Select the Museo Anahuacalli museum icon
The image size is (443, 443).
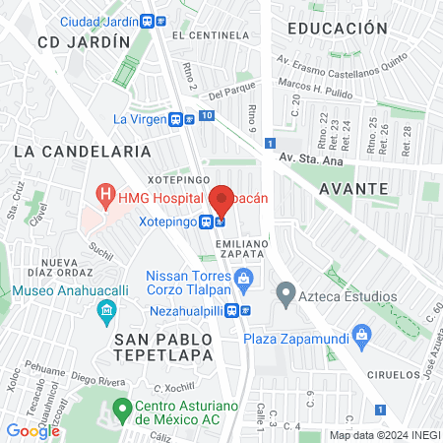click(x=106, y=314)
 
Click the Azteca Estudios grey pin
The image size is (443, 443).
click(x=286, y=292)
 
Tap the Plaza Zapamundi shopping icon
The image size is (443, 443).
click(x=363, y=337)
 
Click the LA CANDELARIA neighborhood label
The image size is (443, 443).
click(x=84, y=152)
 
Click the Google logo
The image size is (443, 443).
click(x=32, y=430)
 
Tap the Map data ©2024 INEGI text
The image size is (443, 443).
click(x=383, y=435)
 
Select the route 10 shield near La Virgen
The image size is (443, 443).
click(x=205, y=116)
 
